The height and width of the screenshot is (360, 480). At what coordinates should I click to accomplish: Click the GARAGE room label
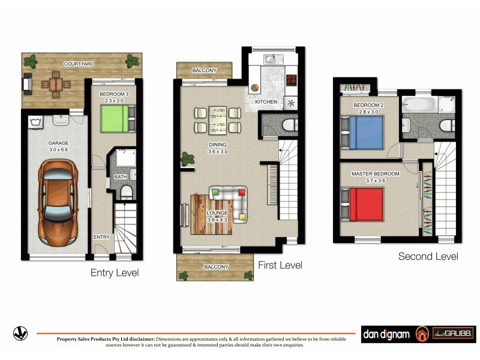[x=59, y=143]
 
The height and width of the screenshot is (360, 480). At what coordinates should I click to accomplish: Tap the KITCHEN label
[x=266, y=102]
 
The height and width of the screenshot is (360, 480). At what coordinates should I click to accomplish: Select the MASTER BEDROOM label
[x=375, y=174]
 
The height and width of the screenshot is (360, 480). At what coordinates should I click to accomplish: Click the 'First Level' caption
[x=280, y=265]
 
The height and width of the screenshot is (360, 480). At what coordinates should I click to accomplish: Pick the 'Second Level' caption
[x=428, y=256]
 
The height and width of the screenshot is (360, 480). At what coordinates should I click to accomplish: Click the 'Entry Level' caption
[x=115, y=272]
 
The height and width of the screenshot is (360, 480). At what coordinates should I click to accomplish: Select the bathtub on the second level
[x=419, y=104]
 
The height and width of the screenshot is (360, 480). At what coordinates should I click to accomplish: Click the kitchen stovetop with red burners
[x=292, y=80]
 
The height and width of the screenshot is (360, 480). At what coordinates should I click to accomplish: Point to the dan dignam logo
[x=386, y=334]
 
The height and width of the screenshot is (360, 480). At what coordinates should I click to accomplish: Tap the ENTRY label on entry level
[x=101, y=237]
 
